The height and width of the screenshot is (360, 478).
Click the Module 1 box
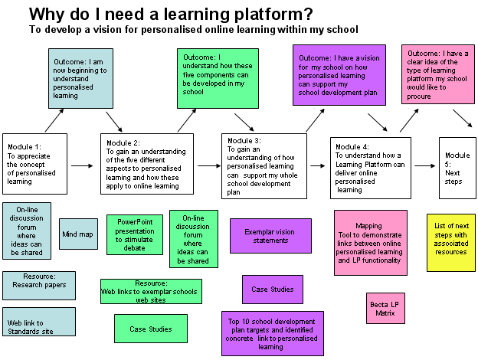click(35, 164)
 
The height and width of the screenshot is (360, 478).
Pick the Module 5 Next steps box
click(457, 166)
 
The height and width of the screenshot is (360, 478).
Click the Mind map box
click(78, 234)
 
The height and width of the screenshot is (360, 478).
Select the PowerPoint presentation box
click(134, 234)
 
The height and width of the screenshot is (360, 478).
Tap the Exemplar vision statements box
click(270, 235)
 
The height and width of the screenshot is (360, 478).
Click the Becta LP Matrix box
click(386, 309)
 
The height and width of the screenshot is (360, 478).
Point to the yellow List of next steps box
click(452, 243)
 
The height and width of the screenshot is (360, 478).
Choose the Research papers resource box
click(39, 285)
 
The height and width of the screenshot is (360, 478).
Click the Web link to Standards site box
click(39, 322)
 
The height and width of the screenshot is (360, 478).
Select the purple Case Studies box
click(272, 290)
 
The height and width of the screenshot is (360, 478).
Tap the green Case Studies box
click(150, 329)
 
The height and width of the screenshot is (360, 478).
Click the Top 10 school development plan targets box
click(270, 331)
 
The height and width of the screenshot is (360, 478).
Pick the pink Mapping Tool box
click(368, 241)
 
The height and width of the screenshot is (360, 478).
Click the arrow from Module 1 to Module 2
click(82, 165)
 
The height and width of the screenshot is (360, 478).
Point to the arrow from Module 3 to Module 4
click(317, 165)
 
